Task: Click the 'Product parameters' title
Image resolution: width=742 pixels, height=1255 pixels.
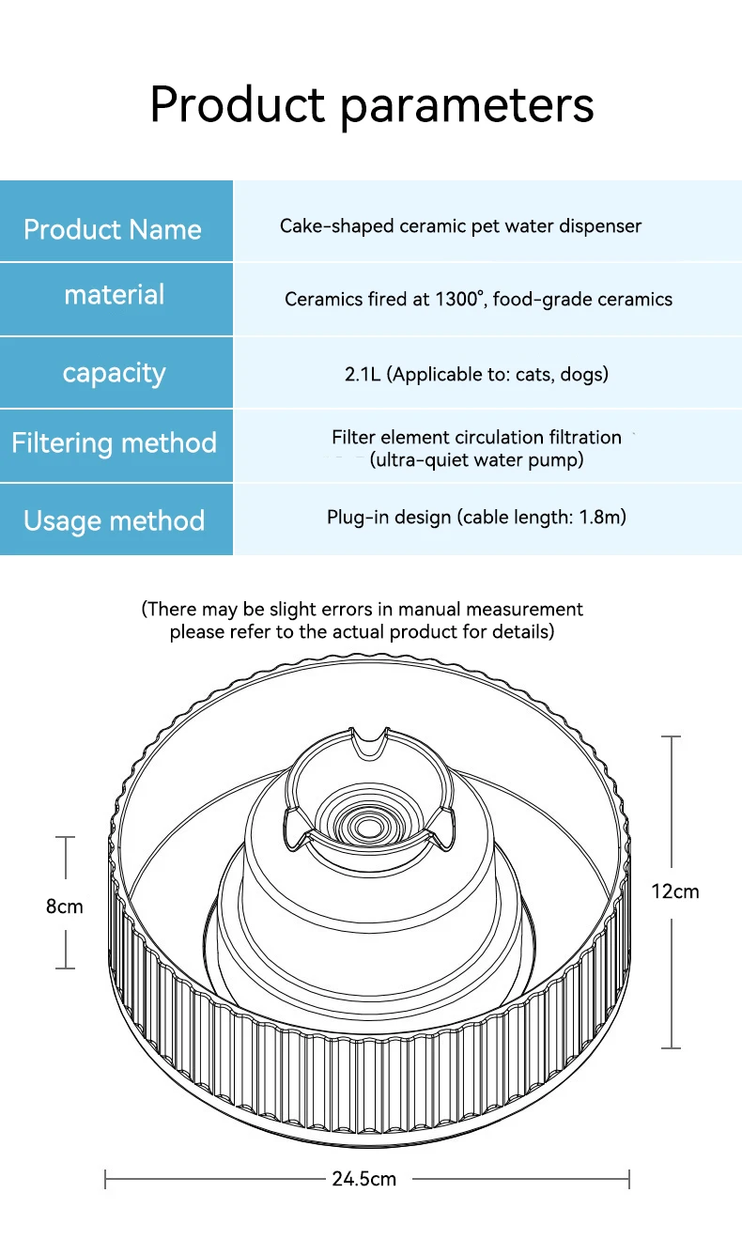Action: tap(372, 105)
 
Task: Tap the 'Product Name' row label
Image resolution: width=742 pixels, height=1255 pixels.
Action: tap(113, 229)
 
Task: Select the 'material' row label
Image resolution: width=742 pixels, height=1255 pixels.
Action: tap(115, 294)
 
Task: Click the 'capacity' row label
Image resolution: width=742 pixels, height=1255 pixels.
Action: tap(115, 373)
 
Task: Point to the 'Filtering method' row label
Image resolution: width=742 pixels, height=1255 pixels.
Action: tap(115, 443)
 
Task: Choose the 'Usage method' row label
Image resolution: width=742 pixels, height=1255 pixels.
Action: tap(115, 521)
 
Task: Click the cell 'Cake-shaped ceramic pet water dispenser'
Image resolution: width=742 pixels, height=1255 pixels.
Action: tap(460, 225)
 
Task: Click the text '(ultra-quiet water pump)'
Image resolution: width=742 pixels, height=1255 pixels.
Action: tap(476, 460)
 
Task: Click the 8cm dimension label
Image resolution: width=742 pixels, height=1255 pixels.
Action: tap(65, 906)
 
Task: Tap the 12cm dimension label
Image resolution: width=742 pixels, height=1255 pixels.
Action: tap(674, 891)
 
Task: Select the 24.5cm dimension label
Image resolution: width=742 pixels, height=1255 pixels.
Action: tap(364, 1179)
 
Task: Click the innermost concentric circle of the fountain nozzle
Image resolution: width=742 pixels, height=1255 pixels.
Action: tap(368, 827)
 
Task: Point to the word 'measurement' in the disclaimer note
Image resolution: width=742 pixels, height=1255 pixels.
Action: tap(524, 609)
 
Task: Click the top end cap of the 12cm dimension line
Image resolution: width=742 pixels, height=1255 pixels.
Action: tap(671, 736)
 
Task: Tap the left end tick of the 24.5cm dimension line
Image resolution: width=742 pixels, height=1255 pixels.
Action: tap(105, 1179)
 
